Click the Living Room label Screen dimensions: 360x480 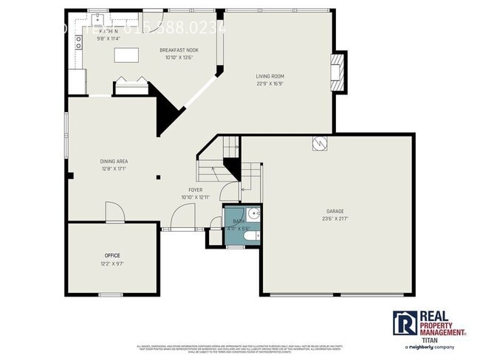(x=270, y=76)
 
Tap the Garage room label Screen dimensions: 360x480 (x=335, y=211)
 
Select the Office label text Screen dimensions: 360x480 (x=112, y=255)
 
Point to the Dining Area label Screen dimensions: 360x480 (x=114, y=161)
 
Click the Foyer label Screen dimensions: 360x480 (x=196, y=190)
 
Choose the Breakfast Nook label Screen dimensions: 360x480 (x=179, y=50)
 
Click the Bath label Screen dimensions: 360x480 (x=239, y=221)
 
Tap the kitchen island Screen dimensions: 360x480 (x=126, y=55)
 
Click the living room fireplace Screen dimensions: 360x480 (x=338, y=72)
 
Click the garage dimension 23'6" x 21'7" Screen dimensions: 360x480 (x=335, y=218)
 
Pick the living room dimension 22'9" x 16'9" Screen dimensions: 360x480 (x=270, y=83)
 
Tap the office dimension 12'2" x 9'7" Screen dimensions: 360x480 (x=112, y=263)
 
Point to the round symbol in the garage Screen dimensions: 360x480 (x=320, y=143)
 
